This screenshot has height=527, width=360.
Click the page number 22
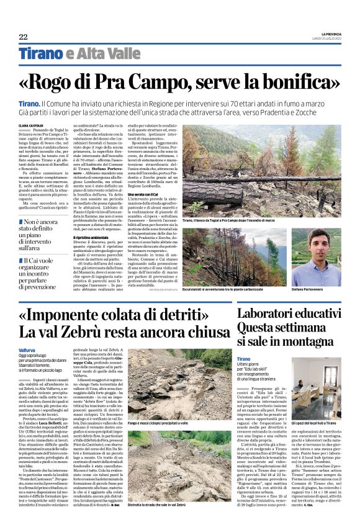click(x=24, y=37)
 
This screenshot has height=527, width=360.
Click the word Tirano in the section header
click(x=40, y=54)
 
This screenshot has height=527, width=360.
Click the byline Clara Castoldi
click(x=32, y=125)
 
